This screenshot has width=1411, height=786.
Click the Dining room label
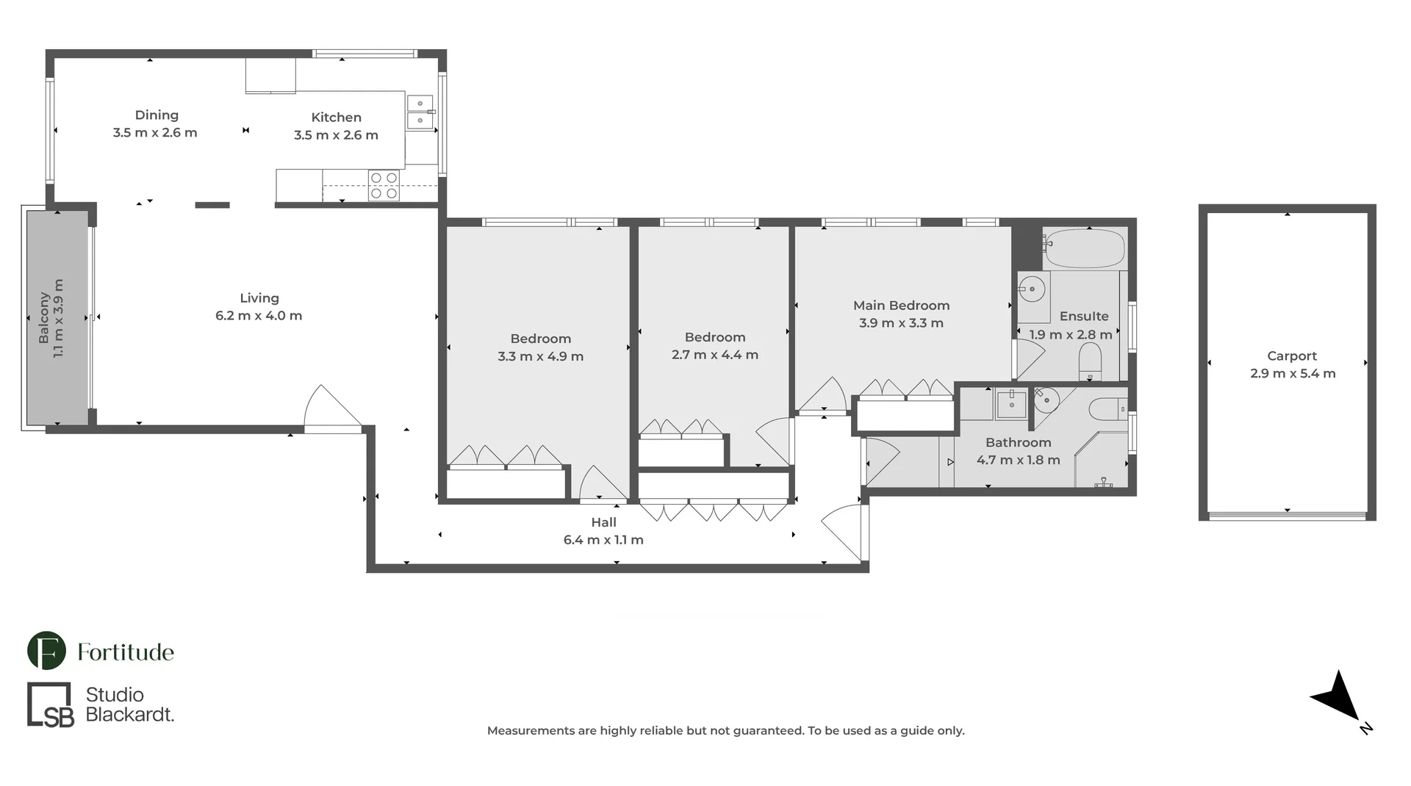click(157, 115)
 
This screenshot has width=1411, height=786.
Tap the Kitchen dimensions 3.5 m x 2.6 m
click(336, 135)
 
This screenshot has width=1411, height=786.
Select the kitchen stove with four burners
click(384, 185)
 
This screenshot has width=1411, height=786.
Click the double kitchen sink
click(420, 112)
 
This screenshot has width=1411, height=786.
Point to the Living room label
click(259, 298)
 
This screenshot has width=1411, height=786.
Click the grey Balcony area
click(58, 317)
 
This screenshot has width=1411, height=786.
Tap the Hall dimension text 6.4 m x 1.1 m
click(603, 540)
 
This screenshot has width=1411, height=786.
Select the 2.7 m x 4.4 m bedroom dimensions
click(715, 355)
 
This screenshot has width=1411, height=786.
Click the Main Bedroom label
click(901, 306)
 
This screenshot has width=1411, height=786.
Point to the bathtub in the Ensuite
click(1085, 248)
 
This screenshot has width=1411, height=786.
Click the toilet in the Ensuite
click(1090, 362)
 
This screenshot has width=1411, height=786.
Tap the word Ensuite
click(1084, 317)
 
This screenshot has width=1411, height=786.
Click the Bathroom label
click(1018, 442)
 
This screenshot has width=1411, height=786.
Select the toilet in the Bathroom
click(1107, 408)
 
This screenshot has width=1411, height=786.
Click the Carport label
click(1292, 356)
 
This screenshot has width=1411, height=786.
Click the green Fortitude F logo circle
click(46, 651)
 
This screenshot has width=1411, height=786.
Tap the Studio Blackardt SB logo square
click(50, 705)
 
